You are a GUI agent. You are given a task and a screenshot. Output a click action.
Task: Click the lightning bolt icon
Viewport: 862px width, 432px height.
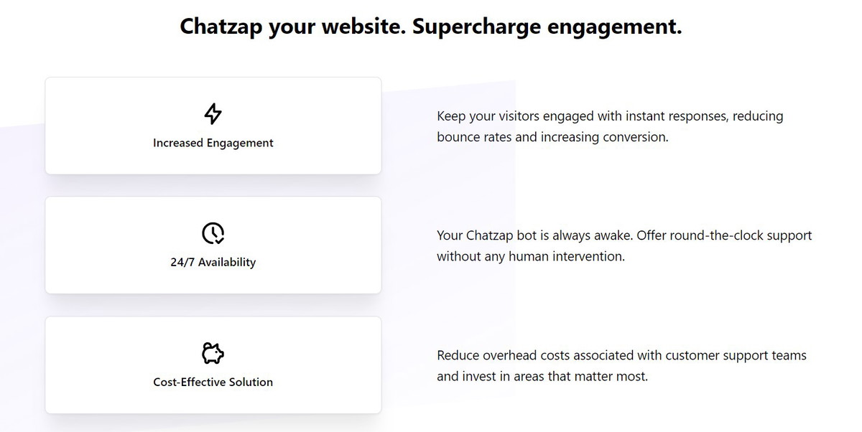(x=213, y=114)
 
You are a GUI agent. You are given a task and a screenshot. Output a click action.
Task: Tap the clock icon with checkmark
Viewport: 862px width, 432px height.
(x=213, y=233)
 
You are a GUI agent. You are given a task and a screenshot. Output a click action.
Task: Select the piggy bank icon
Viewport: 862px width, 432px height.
(x=213, y=353)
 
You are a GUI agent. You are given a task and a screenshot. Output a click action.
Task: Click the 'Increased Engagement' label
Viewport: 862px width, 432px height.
(x=213, y=143)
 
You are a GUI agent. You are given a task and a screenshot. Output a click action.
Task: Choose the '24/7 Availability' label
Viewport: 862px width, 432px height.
(x=213, y=262)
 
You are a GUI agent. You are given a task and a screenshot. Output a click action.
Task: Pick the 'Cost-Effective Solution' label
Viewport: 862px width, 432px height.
(x=213, y=382)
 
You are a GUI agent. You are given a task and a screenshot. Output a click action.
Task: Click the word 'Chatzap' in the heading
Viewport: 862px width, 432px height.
(x=221, y=27)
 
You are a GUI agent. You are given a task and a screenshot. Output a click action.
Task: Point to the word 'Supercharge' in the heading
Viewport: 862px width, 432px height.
(x=476, y=27)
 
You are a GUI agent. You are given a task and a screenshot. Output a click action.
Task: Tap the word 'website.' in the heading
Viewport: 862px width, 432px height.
(x=363, y=26)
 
